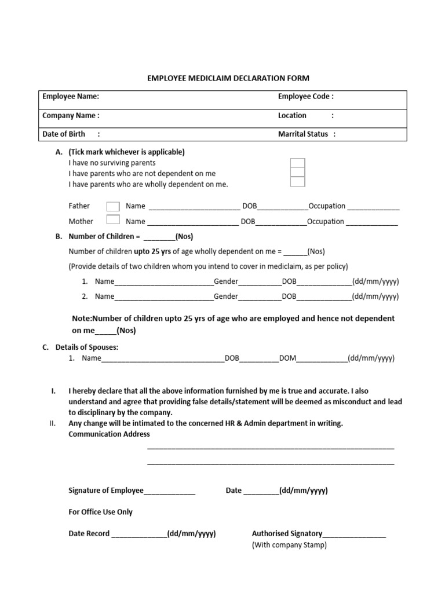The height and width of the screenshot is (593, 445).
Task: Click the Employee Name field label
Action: point(71,97)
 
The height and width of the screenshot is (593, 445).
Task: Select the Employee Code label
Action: point(305,97)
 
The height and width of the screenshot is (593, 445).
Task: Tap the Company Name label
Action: point(71,115)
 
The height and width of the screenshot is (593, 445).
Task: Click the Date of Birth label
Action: point(64,134)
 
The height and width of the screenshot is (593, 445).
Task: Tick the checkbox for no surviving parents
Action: point(297,163)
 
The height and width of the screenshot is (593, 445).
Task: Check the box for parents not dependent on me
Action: point(297,173)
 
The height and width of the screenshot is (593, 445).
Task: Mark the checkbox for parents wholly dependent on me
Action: point(297,182)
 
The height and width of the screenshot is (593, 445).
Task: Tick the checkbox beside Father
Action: point(114,206)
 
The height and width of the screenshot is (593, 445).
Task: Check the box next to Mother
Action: point(114,220)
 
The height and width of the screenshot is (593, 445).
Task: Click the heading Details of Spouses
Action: point(86,347)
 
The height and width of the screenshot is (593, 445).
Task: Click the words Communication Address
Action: point(109,434)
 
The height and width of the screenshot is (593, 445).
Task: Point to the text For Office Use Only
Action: point(100,512)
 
